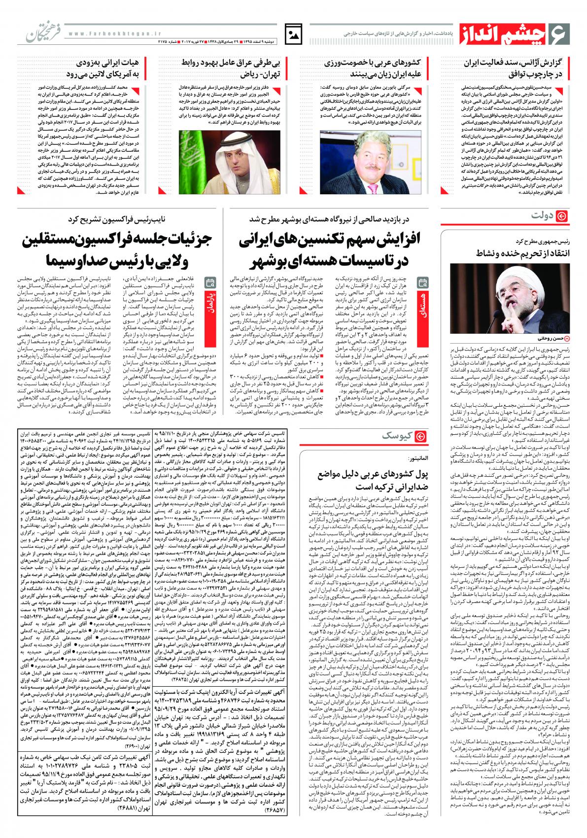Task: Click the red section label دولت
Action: pos(550,217)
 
